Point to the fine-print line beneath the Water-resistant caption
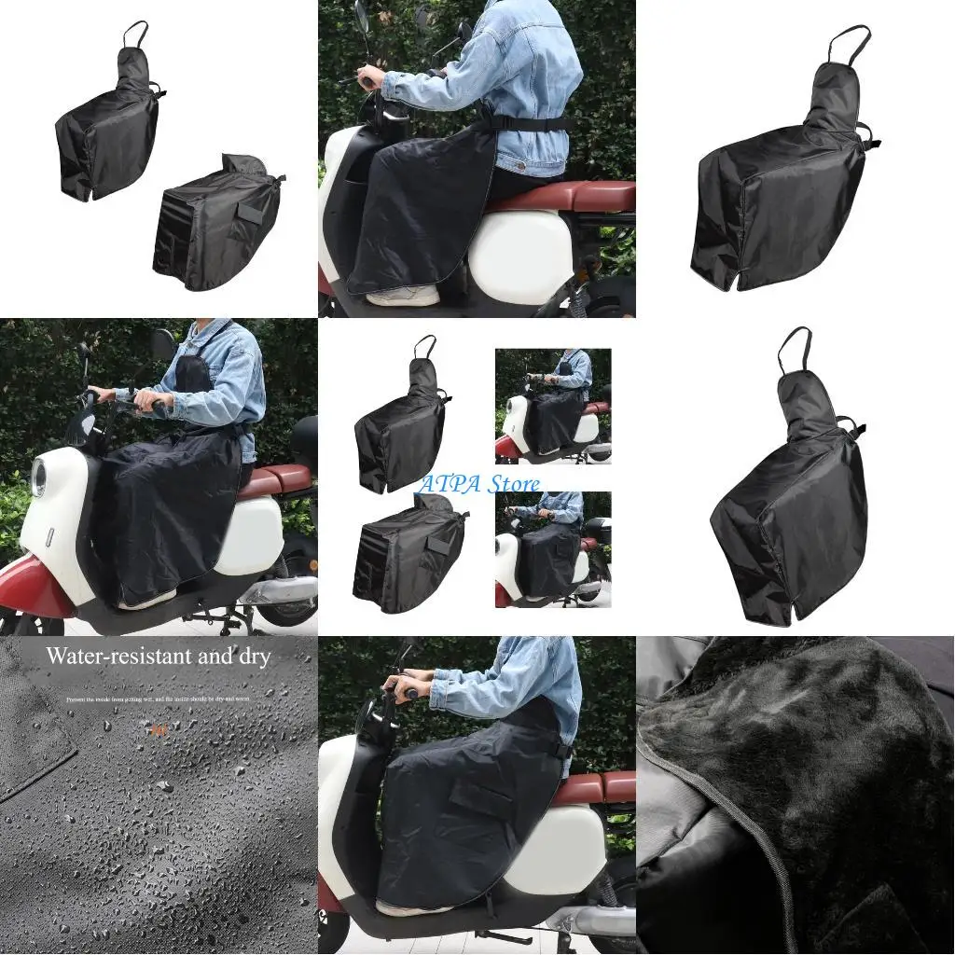159,699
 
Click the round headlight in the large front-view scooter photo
38,477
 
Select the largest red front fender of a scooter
37,588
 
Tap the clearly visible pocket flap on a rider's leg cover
480,796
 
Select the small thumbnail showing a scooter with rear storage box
553,549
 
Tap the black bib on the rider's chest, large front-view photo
194,373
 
